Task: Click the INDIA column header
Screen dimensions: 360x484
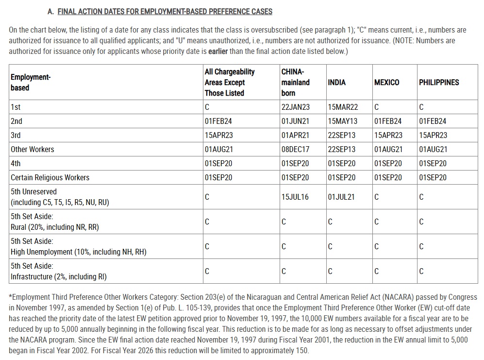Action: click(x=337, y=82)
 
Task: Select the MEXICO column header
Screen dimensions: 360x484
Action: click(x=386, y=82)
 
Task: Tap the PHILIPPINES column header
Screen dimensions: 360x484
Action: click(x=439, y=82)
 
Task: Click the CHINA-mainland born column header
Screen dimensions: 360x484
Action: click(x=295, y=82)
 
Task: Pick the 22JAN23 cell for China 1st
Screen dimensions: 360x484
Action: click(x=295, y=107)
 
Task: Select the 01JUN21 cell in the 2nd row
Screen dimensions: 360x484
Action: click(x=295, y=121)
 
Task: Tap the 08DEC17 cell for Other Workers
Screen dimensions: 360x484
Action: click(x=295, y=149)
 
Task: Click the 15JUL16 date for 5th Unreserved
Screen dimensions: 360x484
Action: click(x=295, y=197)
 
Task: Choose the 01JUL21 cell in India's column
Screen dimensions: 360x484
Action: click(x=341, y=197)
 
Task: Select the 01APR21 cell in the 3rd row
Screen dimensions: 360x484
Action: click(x=295, y=135)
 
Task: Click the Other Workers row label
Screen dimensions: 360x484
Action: click(x=33, y=149)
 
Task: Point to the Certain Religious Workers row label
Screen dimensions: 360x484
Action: click(x=50, y=177)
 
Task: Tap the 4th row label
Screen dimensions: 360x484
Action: click(x=16, y=163)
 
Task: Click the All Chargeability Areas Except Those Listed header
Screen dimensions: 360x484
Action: click(x=230, y=82)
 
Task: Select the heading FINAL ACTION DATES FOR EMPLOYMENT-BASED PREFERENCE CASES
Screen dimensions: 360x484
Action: click(x=165, y=11)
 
